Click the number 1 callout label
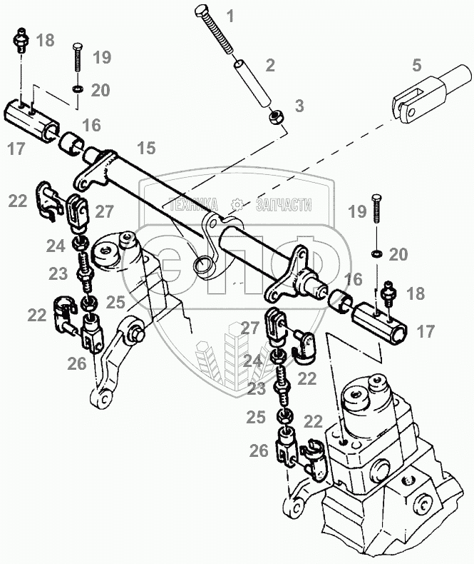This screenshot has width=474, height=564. point(230,15)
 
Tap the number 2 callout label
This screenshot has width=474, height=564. point(270,66)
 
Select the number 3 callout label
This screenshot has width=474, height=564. point(299,106)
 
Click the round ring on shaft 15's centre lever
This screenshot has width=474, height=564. point(204,267)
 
